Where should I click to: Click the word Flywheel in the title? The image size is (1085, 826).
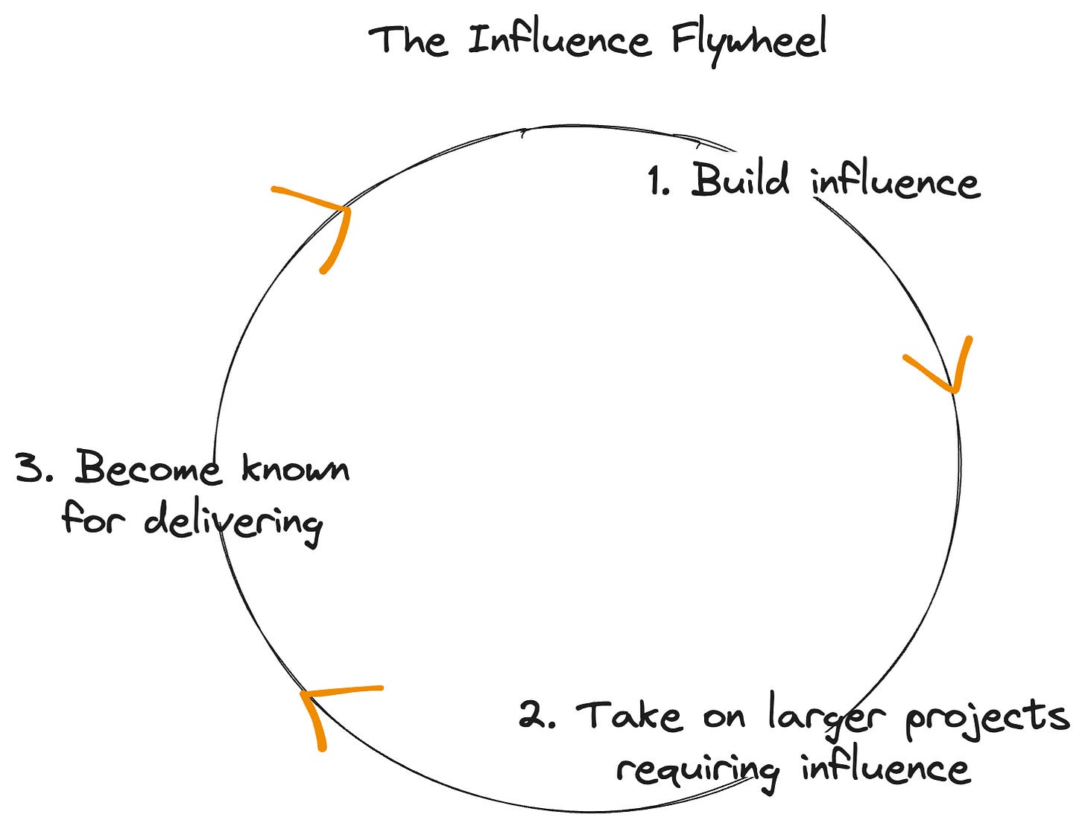749,41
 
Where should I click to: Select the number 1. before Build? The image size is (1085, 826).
659,183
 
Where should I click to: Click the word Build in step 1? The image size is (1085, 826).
739,180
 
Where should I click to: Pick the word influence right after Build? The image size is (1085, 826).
896,183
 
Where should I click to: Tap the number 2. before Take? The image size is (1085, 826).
537,715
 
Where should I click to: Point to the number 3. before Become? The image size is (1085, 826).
34,469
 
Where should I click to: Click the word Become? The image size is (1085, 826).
148,469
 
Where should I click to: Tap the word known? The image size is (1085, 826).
295,469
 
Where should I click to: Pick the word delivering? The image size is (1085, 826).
232,521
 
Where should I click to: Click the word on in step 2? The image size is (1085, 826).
724,717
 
